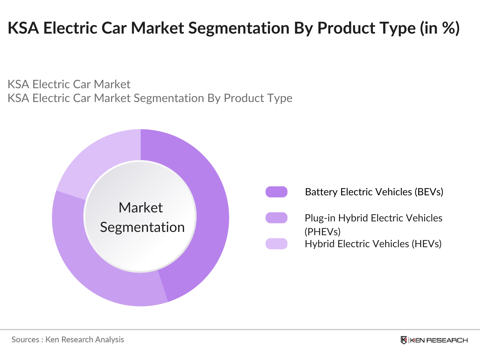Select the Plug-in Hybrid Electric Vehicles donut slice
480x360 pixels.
point(90,264)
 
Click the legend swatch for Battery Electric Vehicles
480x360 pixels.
point(276,192)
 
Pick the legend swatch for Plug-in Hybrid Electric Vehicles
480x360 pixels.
point(276,218)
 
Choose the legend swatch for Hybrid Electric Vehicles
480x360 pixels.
point(276,244)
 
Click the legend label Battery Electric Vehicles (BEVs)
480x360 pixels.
point(374,192)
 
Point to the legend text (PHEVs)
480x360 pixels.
point(322,232)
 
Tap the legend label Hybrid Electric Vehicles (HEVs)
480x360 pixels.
point(373,244)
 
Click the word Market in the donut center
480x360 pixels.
point(140,208)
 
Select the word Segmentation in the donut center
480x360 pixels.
point(142,227)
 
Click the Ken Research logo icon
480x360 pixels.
point(404,340)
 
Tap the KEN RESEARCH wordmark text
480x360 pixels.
point(439,340)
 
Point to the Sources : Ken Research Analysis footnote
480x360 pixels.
point(67,340)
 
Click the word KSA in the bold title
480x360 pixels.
point(23,28)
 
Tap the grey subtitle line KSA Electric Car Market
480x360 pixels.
point(69,84)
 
